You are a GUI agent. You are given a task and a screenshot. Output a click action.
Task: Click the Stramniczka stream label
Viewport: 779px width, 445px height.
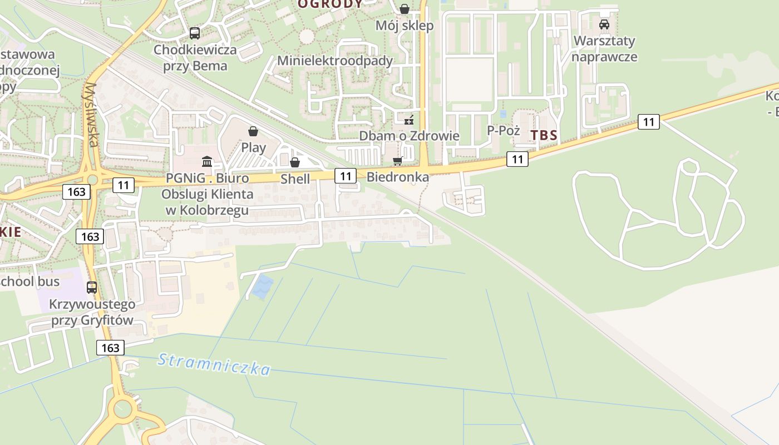(x=214, y=364)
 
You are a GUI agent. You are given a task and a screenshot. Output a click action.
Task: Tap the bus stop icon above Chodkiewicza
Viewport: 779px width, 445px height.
(x=194, y=33)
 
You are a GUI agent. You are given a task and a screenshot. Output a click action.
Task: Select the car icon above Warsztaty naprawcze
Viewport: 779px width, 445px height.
(x=604, y=24)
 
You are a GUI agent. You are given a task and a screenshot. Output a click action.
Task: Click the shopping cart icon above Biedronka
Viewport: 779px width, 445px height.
(x=397, y=161)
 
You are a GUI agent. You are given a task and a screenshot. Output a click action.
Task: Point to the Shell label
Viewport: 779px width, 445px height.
(x=295, y=179)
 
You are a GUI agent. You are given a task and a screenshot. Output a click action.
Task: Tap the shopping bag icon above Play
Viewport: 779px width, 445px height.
(x=253, y=131)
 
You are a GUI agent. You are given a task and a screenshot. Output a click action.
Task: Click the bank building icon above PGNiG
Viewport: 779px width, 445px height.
(x=207, y=162)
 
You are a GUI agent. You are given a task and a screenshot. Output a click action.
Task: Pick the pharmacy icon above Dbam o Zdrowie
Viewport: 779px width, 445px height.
(x=409, y=120)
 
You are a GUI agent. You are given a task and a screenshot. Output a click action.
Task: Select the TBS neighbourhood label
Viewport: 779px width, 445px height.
(x=544, y=135)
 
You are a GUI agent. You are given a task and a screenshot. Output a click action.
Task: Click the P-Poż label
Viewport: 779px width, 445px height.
(x=503, y=130)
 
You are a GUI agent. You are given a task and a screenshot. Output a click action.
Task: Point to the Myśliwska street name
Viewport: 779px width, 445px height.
(x=92, y=115)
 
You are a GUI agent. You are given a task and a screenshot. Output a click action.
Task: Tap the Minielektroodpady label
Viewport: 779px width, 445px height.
(x=335, y=61)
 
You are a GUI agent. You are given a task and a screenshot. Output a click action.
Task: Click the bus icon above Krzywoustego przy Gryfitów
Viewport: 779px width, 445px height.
(x=92, y=288)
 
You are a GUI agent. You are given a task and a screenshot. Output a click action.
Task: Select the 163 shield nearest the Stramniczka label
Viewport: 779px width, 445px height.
(x=110, y=348)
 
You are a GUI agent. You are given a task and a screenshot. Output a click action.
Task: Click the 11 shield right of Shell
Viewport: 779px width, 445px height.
(x=346, y=176)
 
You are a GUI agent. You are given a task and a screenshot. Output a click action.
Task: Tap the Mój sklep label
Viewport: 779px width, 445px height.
(x=405, y=26)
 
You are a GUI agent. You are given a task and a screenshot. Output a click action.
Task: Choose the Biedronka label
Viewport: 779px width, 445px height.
(x=398, y=177)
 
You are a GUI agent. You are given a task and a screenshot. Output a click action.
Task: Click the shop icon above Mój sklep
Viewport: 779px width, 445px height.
(x=405, y=9)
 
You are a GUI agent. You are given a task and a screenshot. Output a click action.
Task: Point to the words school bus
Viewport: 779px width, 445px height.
(x=29, y=281)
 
